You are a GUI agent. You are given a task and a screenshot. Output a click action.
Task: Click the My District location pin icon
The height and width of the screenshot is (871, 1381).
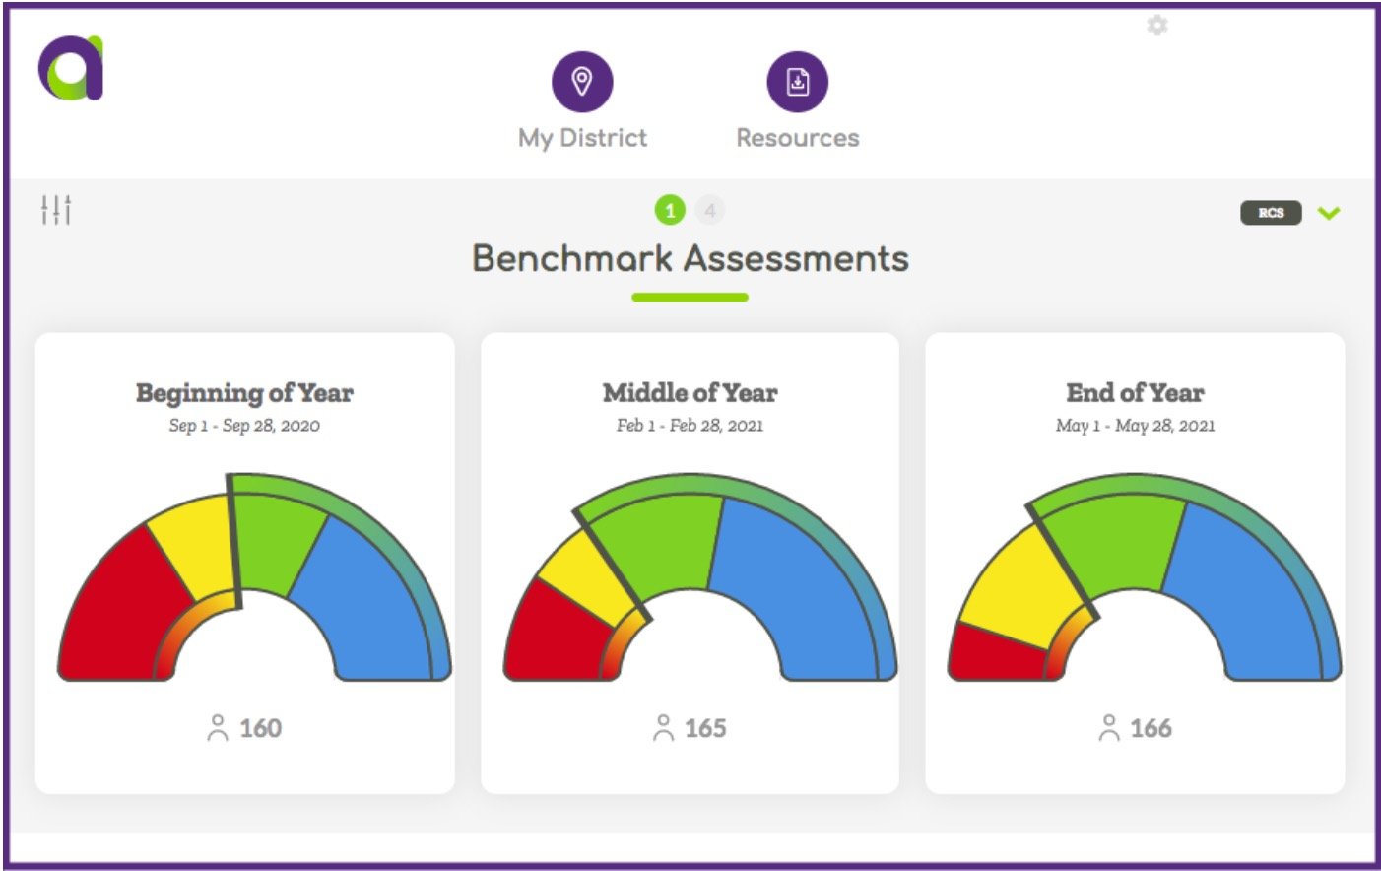(581, 82)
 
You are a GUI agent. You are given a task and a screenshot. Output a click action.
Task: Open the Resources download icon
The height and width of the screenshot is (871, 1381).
(797, 82)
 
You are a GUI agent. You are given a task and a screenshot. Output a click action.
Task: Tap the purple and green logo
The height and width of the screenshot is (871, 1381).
(71, 68)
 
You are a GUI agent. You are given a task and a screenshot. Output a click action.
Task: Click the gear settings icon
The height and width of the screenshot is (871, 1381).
(1157, 26)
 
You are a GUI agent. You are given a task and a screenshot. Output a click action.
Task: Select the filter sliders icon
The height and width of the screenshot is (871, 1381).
(56, 209)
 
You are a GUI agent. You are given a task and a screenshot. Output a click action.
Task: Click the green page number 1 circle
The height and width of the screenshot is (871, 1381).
(670, 210)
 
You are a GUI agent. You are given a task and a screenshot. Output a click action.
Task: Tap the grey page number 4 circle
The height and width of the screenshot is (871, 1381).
(709, 210)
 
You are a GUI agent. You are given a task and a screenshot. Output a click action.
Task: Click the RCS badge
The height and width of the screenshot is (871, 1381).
(1271, 213)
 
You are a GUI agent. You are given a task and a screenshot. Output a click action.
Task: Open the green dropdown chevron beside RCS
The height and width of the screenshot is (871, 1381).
(1329, 213)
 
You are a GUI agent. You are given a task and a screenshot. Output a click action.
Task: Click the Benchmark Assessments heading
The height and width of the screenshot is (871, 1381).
(690, 258)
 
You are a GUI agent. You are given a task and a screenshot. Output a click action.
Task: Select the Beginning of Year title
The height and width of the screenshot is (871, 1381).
(244, 393)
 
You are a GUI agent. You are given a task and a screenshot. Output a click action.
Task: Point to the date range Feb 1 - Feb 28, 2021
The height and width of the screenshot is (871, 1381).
(690, 426)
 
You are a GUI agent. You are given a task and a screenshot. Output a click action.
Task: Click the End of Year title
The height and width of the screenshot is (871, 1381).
(1135, 393)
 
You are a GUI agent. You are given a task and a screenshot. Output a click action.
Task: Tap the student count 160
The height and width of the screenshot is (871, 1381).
(260, 728)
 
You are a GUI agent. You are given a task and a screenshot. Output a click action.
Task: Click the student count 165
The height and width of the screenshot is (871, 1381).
(705, 728)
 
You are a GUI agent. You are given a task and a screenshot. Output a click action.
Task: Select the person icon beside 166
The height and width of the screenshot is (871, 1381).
(1108, 728)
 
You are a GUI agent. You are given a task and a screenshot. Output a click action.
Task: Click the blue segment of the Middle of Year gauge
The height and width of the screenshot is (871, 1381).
(798, 581)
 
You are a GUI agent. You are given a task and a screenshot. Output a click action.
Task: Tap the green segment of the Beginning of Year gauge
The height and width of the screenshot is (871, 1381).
(276, 542)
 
